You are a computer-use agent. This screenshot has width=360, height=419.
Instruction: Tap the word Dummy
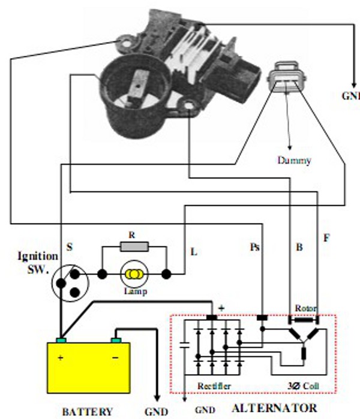[295, 161]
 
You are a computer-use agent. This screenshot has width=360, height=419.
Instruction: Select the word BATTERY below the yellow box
[88, 411]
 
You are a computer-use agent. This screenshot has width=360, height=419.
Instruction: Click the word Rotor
[305, 308]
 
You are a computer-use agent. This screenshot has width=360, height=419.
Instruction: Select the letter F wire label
[326, 238]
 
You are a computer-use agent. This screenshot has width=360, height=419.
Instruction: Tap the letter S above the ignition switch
[70, 246]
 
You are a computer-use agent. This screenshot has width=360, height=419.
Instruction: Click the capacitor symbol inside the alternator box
[184, 345]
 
